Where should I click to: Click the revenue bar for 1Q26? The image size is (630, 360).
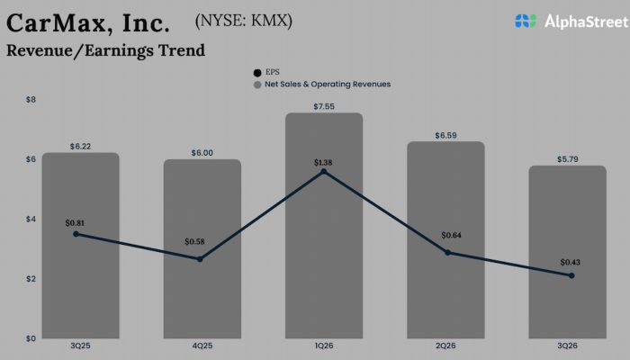[x=323, y=261]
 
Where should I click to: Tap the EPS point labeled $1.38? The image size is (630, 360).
[x=323, y=171]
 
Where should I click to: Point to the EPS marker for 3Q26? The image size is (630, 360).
[x=571, y=275]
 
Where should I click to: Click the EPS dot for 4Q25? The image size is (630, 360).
[x=200, y=259]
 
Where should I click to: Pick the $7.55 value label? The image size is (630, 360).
[x=323, y=106]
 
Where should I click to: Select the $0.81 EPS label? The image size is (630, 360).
[x=76, y=222]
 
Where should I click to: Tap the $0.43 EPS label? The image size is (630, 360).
[x=571, y=262]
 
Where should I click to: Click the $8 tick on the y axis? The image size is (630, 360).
[x=31, y=99]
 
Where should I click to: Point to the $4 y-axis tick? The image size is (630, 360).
[x=31, y=219]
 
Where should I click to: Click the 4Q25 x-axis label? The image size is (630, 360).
[x=202, y=345]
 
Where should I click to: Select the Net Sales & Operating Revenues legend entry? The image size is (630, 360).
[x=326, y=85]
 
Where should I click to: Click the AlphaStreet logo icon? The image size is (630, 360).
[x=526, y=21]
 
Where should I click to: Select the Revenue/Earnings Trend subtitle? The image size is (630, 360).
[x=105, y=50]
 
